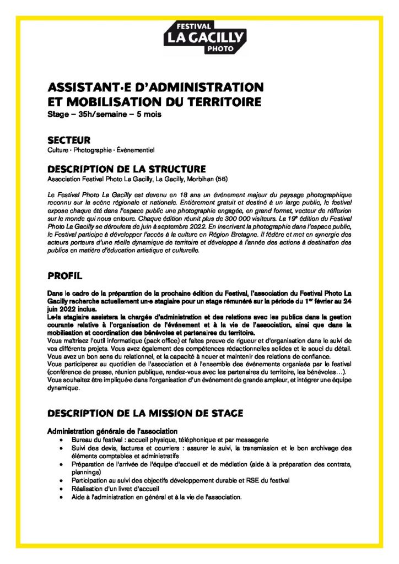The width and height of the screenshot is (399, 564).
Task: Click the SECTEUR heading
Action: coord(69,140)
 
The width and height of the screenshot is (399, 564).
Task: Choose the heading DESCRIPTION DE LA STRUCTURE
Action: coord(127,169)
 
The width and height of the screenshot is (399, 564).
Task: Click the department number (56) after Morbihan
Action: coord(220,179)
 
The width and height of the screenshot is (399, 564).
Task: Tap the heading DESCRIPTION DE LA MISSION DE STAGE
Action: coord(145,413)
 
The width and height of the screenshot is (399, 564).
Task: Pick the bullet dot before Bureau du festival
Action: coord(60,441)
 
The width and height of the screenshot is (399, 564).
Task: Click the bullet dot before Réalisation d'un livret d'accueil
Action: coord(60,489)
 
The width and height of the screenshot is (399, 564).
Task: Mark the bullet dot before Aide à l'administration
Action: coord(60,497)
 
